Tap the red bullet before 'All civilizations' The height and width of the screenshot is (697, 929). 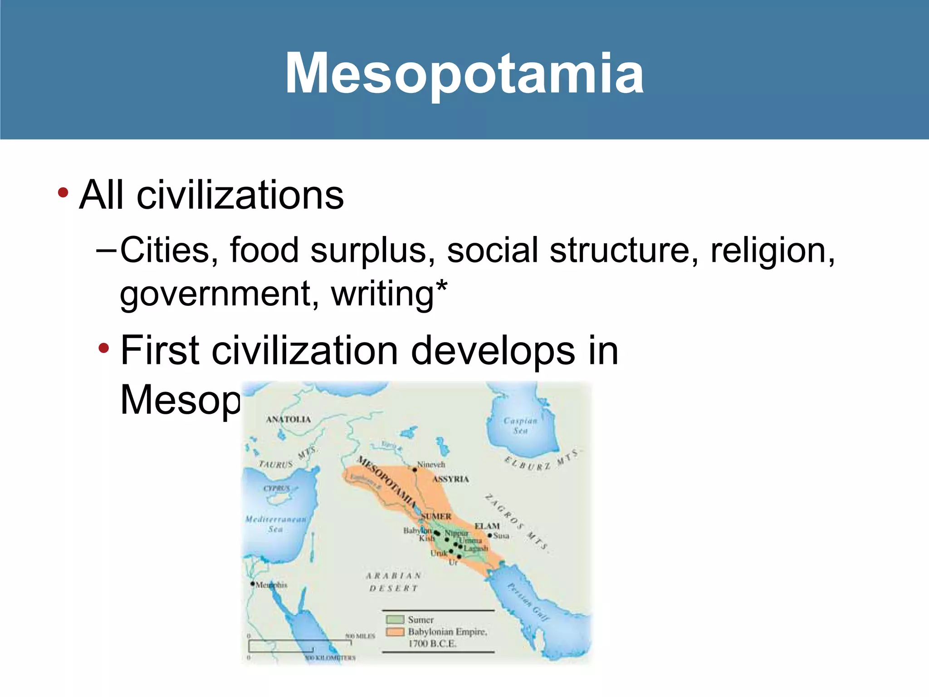(63, 193)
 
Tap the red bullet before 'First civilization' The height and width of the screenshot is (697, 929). (104, 348)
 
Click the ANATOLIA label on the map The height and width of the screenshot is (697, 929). (288, 419)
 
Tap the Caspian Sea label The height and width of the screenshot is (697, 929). (520, 426)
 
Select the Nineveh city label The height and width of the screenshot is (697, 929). (431, 465)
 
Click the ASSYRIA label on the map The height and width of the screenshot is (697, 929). (450, 479)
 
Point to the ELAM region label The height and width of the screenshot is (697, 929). (487, 526)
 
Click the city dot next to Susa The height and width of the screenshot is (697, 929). (490, 536)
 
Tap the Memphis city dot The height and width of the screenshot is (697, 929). (253, 584)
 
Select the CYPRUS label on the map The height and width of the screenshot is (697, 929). (277, 488)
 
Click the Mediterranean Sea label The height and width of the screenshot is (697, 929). (276, 524)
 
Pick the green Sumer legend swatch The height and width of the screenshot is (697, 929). (395, 619)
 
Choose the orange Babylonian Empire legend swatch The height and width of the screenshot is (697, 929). (395, 632)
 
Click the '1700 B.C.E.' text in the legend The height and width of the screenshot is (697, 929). (432, 643)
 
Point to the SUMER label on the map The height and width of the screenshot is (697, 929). (436, 516)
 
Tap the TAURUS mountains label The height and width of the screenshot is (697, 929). (276, 464)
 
